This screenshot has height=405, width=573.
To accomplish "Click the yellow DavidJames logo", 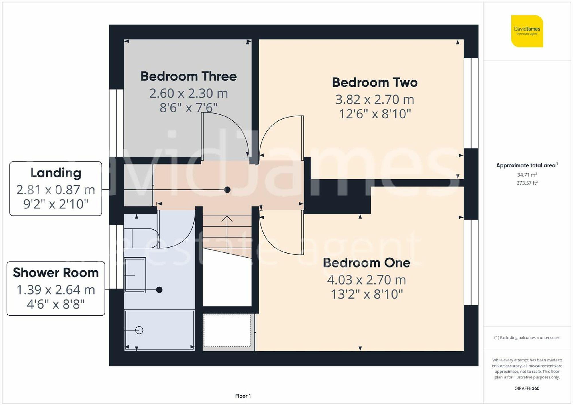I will pos(527,31).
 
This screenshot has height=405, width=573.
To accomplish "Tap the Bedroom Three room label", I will pos(189,76).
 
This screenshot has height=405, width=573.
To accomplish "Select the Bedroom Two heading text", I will pos(374,82).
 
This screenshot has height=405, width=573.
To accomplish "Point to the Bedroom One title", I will pos(366,263).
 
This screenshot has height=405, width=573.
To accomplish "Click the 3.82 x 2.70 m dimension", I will pos(374,100).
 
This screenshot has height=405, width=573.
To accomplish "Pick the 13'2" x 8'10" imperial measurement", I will pos(366,294).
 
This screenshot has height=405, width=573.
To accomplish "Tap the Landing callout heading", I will pos(56,173).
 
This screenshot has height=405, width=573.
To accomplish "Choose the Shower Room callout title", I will pos(56,273).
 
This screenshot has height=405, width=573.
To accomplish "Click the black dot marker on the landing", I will pos(227,189).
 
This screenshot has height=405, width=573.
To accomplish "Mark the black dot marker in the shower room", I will pos(159,290).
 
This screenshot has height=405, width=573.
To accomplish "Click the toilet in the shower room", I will pos(142,238).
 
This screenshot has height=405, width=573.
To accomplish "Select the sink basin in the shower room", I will pos(135,275).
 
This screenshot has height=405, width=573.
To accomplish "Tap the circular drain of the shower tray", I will pos(139,330).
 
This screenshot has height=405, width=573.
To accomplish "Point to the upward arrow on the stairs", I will pos(227,219).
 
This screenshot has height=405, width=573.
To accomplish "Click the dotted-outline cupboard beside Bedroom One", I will pos(227,331).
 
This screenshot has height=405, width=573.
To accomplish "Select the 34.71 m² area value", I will pos(527,175).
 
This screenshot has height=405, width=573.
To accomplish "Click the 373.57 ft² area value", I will pos(527,183).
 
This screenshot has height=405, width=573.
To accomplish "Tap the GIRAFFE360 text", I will pos(527,388).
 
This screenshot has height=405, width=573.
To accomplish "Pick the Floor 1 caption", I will pos(243,396).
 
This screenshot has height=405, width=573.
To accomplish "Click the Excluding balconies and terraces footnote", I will pos(527,338).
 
